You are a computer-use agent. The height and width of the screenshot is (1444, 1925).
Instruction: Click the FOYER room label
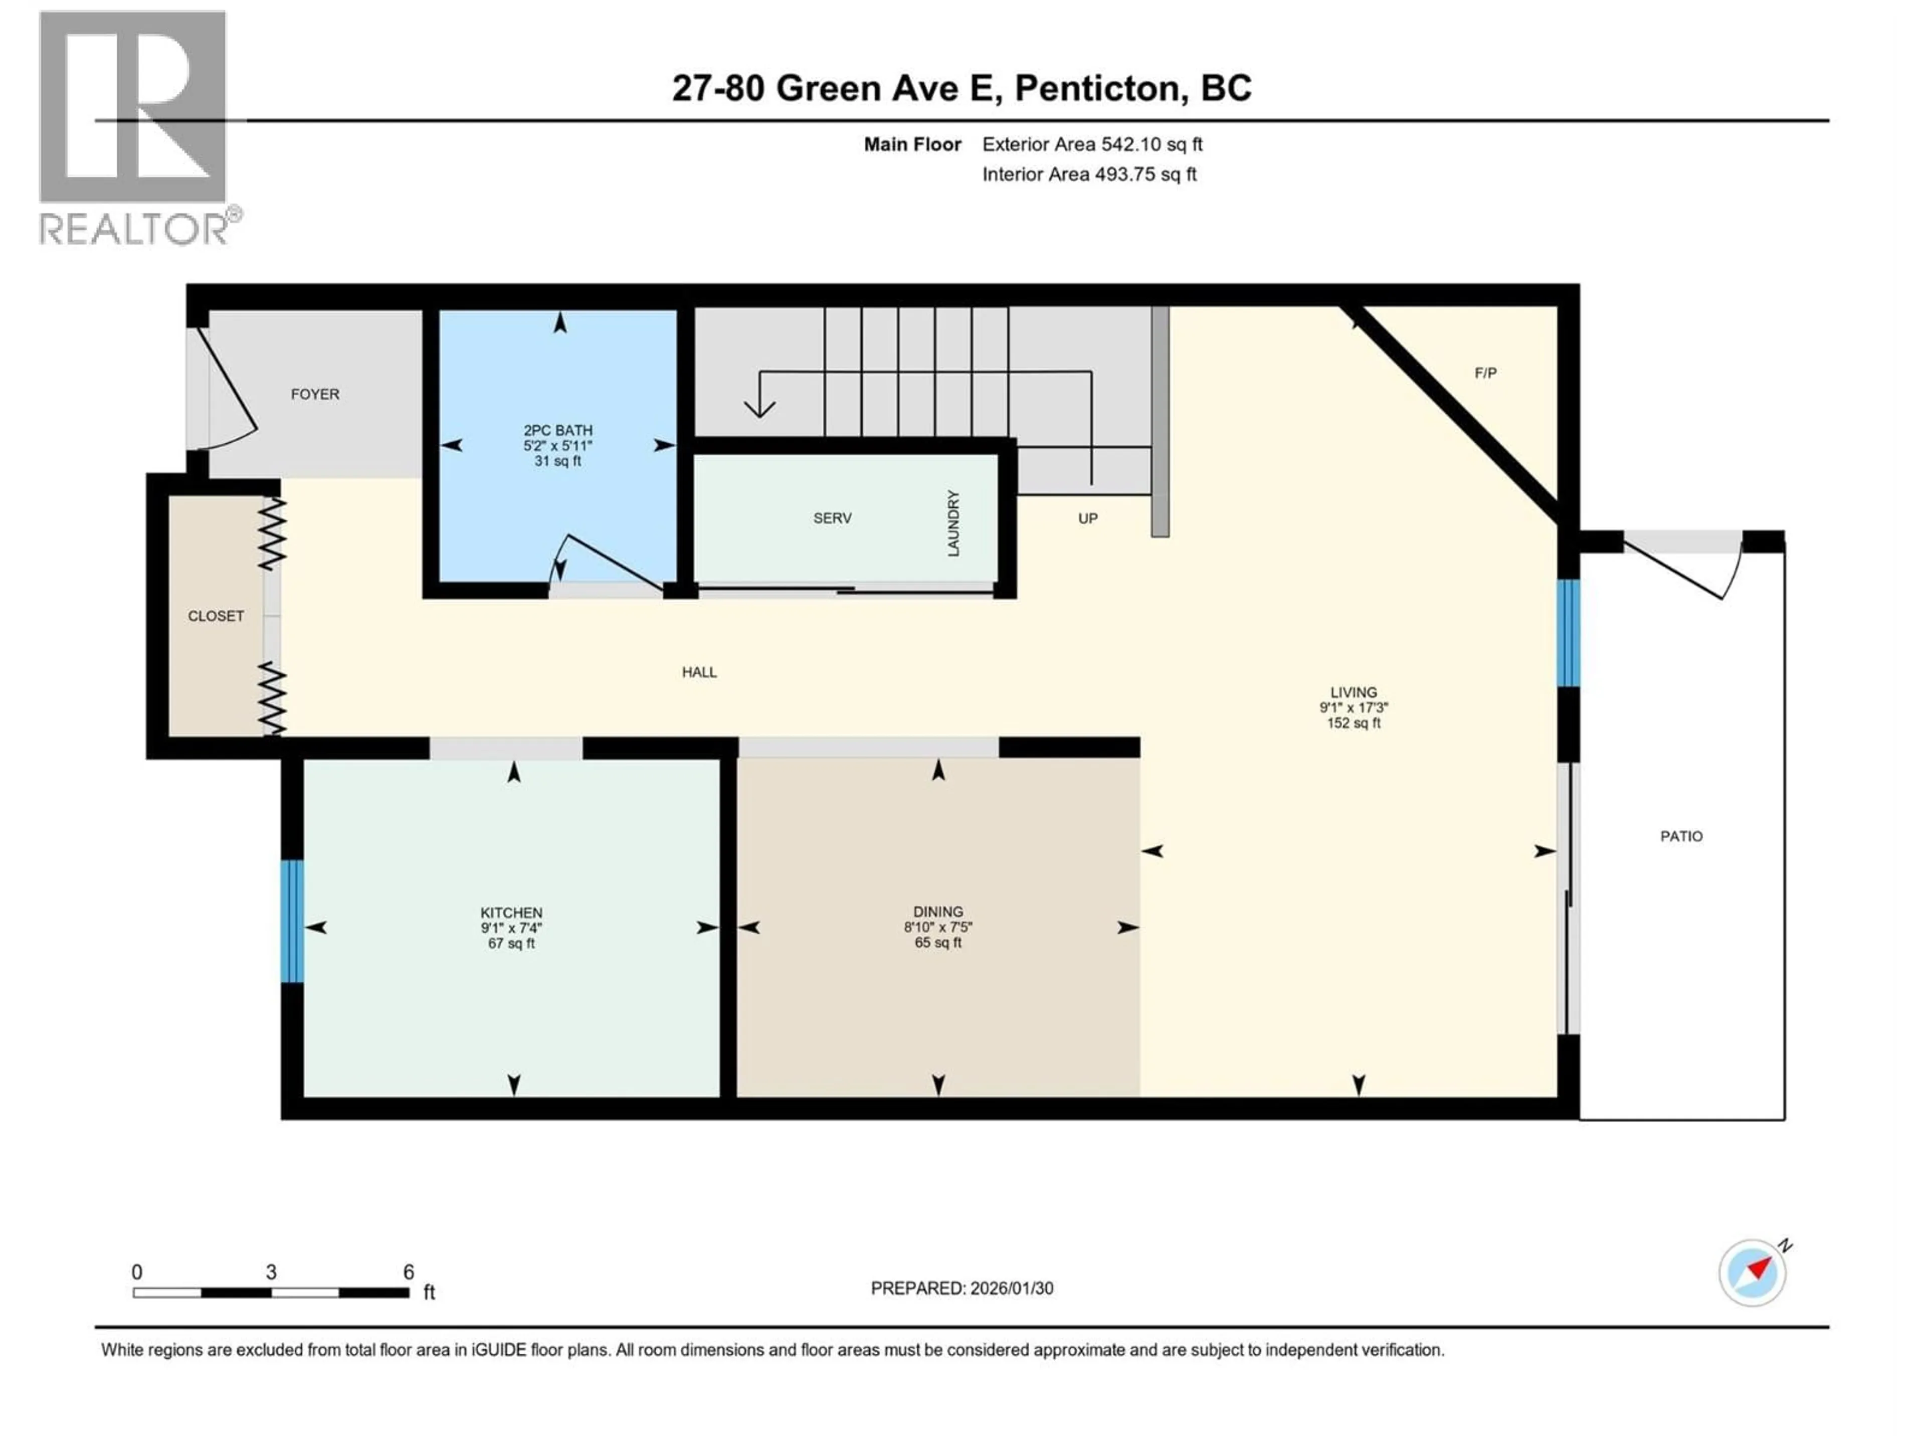[x=315, y=394]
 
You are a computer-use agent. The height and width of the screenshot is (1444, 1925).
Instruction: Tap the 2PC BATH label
[x=558, y=430]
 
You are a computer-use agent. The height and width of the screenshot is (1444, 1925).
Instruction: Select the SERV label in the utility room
[x=832, y=518]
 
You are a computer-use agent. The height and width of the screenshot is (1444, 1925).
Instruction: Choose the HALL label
[x=699, y=672]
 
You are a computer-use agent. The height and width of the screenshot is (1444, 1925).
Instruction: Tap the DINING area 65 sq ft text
[x=937, y=943]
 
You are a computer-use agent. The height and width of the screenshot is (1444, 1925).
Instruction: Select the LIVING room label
[x=1353, y=693]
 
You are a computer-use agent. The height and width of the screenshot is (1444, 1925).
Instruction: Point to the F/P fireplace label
[x=1485, y=373]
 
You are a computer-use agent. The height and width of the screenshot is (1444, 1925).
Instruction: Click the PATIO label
[x=1681, y=836]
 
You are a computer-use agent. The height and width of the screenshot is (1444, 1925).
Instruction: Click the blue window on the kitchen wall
[x=292, y=921]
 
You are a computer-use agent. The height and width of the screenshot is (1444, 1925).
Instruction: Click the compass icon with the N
[x=1753, y=1273]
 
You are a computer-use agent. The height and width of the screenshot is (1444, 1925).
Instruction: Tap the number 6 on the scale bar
[x=408, y=1272]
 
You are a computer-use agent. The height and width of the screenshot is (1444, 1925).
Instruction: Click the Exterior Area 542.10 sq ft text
[x=1092, y=144]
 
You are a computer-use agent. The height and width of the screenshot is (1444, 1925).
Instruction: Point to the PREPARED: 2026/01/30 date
[x=961, y=1288]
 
